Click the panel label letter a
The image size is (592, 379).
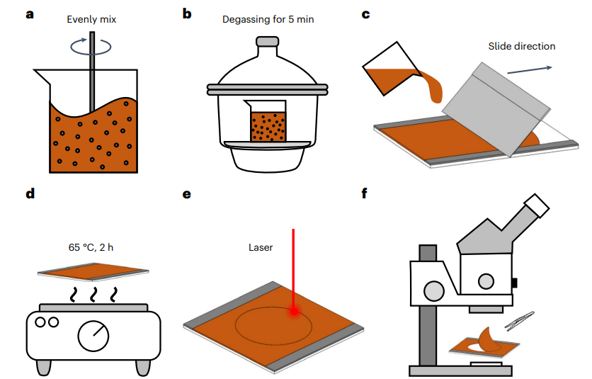tap(30, 13)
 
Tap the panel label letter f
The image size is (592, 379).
tap(365, 192)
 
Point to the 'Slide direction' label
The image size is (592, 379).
tap(521, 47)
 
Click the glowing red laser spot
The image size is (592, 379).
tap(293, 310)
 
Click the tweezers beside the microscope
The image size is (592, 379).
tap(519, 322)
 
